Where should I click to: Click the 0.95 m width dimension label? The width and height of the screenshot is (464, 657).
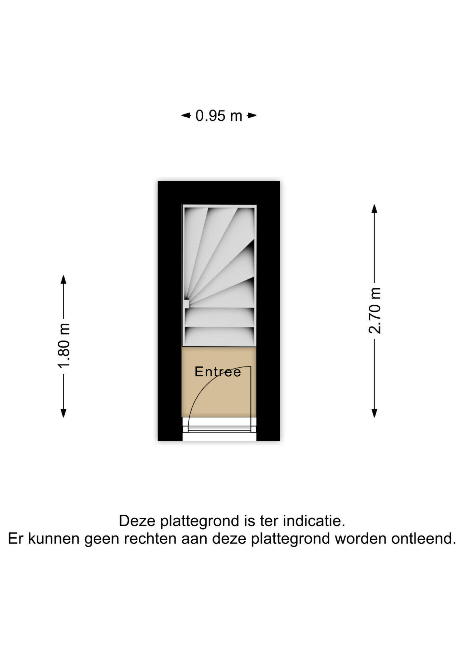click(219, 116)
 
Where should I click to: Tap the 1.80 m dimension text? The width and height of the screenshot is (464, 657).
click(64, 346)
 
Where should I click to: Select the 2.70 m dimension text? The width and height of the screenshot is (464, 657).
click(374, 310)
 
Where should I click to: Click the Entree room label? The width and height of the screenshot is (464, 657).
click(218, 372)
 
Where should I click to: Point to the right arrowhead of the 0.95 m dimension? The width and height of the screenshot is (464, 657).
click(252, 116)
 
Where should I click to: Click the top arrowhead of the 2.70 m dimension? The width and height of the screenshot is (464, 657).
click(374, 209)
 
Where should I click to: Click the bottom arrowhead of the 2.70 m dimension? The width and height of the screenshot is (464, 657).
click(374, 413)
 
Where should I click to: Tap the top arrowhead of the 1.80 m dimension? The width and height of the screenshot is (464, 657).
click(63, 279)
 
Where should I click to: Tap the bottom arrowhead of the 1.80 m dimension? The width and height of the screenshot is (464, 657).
click(63, 413)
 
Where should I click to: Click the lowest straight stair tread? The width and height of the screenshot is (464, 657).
click(220, 336)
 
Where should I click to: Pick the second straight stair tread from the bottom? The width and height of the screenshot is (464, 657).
click(220, 317)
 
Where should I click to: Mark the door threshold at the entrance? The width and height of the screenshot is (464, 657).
click(219, 429)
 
